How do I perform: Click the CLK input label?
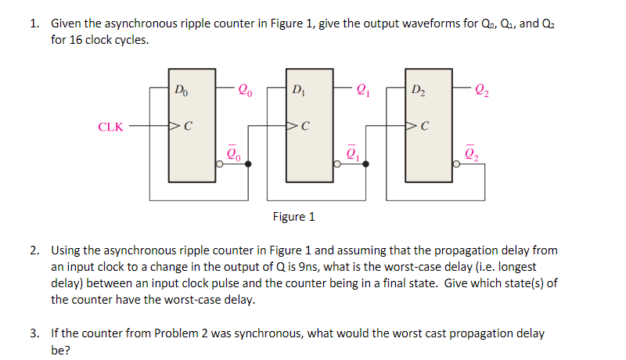(x=110, y=126)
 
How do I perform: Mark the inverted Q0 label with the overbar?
(x=232, y=153)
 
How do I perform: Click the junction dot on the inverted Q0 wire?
(x=249, y=164)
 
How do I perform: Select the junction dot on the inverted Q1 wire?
(x=365, y=164)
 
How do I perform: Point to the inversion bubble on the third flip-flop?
(x=457, y=164)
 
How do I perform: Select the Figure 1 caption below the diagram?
(x=293, y=217)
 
